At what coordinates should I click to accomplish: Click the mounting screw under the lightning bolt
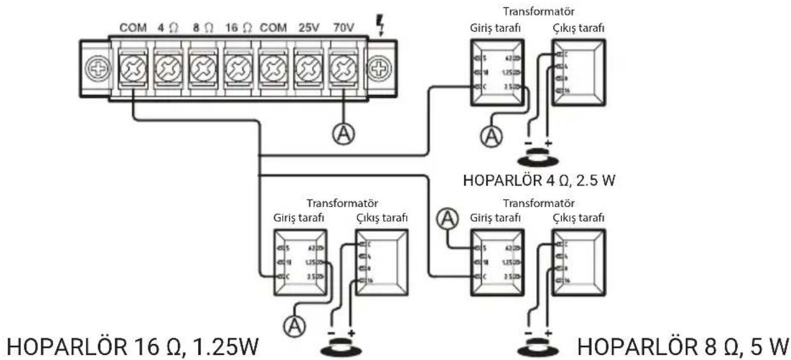(x=380, y=68)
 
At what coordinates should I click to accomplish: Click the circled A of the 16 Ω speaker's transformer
(x=295, y=326)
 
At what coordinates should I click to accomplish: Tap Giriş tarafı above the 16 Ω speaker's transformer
(x=300, y=219)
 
